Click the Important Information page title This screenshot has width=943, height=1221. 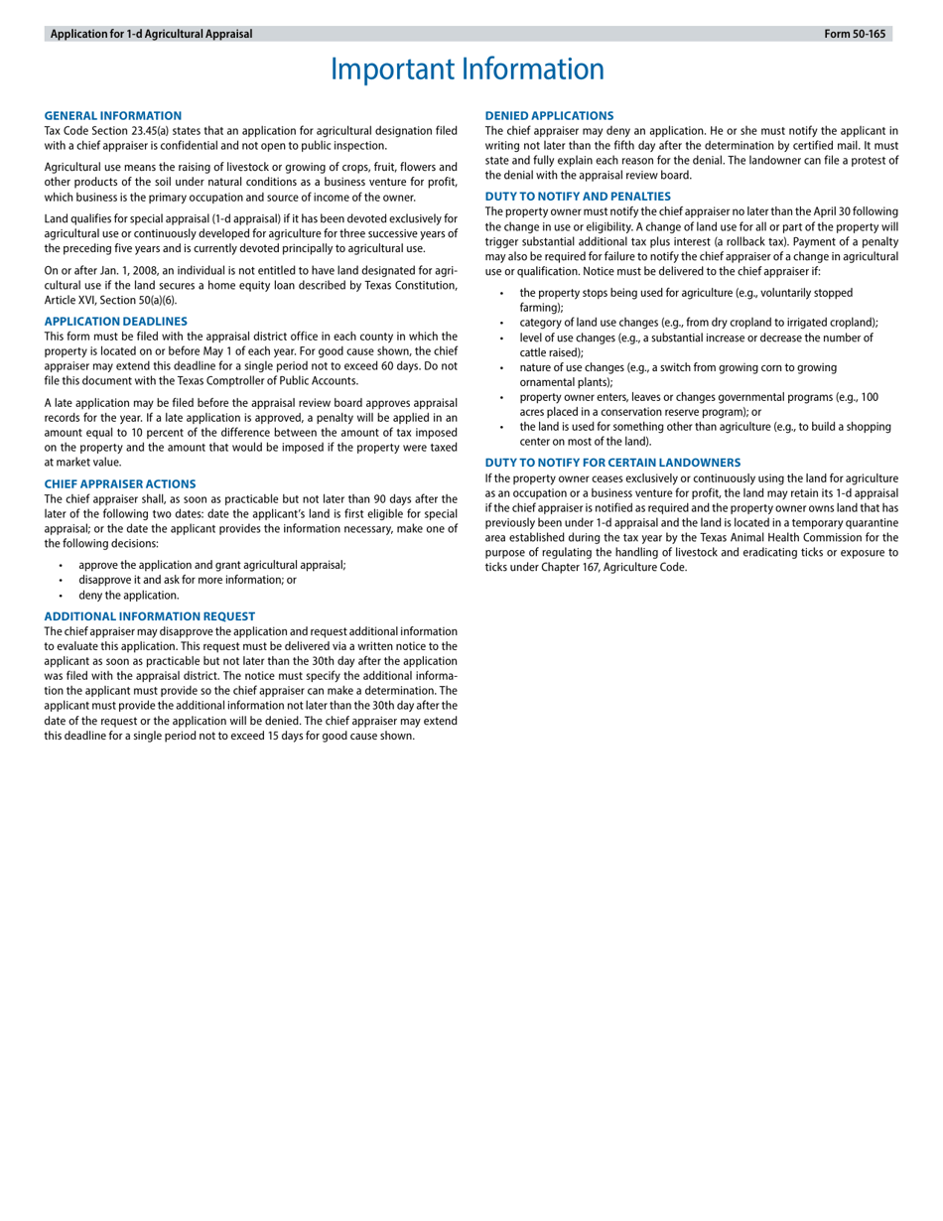467,69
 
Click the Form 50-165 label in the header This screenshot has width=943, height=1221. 854,34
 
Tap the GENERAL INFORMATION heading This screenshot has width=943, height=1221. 112,116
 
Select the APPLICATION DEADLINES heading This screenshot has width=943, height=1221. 115,322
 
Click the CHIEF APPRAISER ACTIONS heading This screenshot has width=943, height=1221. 119,484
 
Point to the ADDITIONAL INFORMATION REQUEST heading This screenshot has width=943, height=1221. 149,616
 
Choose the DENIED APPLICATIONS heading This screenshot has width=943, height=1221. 549,116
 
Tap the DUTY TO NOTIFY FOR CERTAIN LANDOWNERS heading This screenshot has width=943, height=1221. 612,463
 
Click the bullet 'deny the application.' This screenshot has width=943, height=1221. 129,596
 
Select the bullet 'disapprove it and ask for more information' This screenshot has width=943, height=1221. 187,580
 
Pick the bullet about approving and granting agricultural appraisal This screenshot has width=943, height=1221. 211,565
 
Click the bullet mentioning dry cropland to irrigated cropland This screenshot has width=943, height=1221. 699,322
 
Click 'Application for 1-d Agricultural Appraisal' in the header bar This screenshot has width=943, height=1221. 151,34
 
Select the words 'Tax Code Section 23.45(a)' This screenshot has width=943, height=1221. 106,130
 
